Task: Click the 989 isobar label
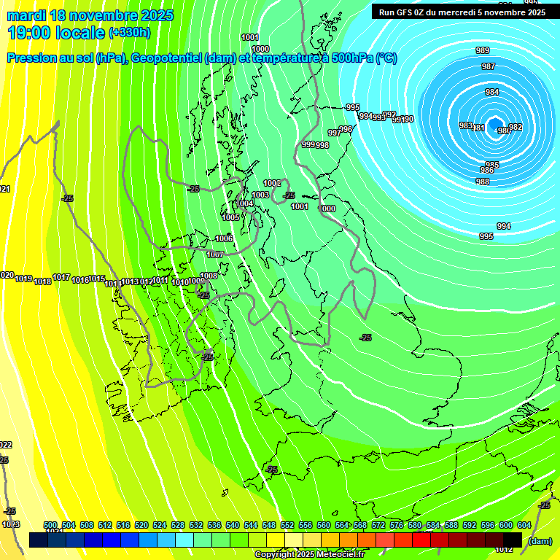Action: tap(482, 50)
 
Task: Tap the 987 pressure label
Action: tap(489, 66)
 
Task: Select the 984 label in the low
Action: tap(492, 92)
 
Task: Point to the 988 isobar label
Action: tap(483, 182)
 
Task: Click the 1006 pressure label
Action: tap(224, 238)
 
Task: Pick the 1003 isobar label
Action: tap(260, 195)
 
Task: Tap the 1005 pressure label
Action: tap(230, 217)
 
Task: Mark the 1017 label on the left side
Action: tap(61, 277)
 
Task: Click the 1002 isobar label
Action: tap(272, 183)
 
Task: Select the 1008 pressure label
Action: tap(209, 276)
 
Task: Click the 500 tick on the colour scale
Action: tap(50, 525)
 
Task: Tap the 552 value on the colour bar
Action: tap(287, 525)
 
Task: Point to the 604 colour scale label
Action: tap(524, 525)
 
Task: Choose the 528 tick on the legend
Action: tap(178, 525)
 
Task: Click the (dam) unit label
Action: tap(539, 540)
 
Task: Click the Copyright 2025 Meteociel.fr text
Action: tap(309, 554)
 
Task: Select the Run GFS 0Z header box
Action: tap(462, 12)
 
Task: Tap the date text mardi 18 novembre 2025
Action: tap(90, 15)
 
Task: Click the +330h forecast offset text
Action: tap(130, 32)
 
